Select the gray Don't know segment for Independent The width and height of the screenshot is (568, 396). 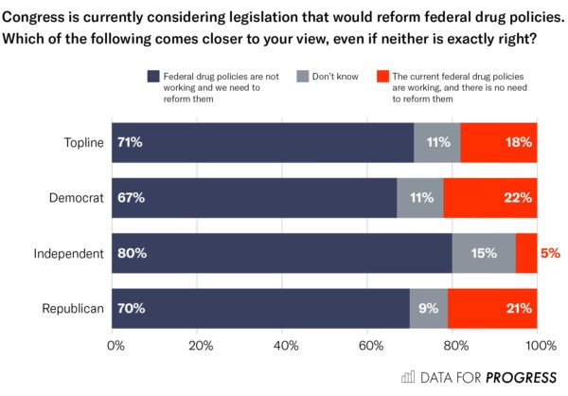[484, 253]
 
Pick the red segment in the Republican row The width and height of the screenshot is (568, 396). [492, 308]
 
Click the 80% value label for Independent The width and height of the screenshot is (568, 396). [132, 253]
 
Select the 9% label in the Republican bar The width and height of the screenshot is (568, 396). [428, 308]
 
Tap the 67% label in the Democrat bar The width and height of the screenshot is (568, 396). [131, 198]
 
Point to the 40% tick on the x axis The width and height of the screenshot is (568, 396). [285, 346]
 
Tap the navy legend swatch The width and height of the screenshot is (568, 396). [153, 74]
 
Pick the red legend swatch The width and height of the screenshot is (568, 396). [382, 74]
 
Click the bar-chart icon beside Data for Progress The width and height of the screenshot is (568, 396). [408, 377]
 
